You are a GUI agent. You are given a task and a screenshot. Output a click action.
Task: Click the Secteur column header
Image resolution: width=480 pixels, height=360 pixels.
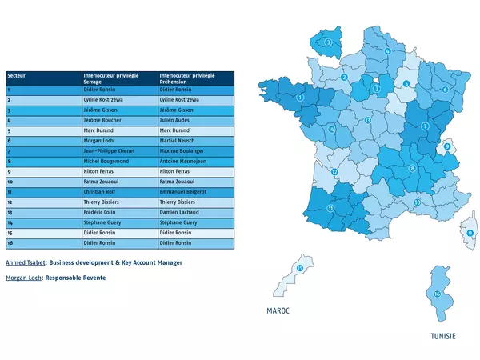[15, 75]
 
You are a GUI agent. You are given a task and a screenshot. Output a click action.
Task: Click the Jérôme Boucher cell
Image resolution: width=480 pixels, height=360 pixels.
[102, 119]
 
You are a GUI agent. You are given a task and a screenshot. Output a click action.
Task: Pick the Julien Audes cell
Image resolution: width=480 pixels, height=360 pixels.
[176, 119]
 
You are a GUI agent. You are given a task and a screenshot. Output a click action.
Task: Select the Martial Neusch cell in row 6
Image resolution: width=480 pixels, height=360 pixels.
[178, 140]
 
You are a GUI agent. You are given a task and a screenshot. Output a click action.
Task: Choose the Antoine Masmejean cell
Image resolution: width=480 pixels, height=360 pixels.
[184, 161]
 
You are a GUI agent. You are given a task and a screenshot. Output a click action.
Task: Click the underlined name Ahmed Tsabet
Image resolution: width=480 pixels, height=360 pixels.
[25, 262]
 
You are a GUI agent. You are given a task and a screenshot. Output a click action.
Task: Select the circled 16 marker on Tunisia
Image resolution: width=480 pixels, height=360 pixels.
[437, 294]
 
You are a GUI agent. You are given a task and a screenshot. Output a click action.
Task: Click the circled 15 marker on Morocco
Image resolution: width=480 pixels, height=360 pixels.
[300, 269]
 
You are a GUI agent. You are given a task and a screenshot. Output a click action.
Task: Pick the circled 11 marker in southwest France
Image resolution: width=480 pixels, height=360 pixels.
[330, 208]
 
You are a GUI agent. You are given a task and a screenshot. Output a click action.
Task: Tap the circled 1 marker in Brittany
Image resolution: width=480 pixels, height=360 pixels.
[299, 98]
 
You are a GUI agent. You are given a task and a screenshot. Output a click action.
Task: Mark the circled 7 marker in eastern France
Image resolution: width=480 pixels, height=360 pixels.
[426, 126]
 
